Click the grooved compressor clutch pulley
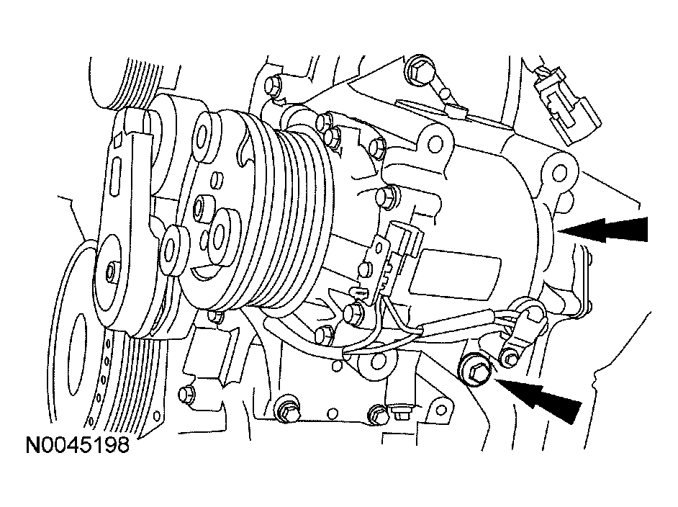[288, 216]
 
